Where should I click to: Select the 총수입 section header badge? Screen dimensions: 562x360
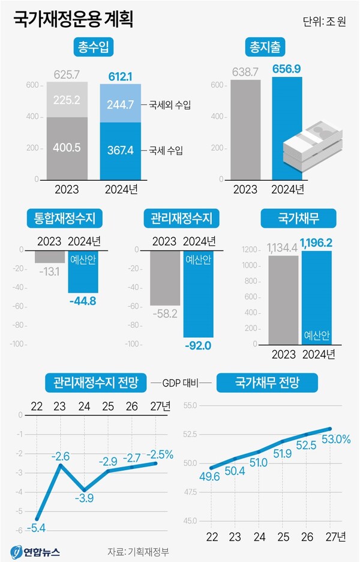(x=94, y=46)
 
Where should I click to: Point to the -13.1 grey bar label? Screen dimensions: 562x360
(x=50, y=271)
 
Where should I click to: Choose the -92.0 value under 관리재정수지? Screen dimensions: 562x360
(x=198, y=346)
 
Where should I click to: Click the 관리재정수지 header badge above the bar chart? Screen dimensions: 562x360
(x=182, y=219)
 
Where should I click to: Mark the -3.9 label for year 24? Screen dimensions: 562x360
(x=84, y=498)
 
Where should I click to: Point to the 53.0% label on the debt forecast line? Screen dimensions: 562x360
(x=337, y=440)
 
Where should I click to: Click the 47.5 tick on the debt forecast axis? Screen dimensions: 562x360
(x=189, y=491)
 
